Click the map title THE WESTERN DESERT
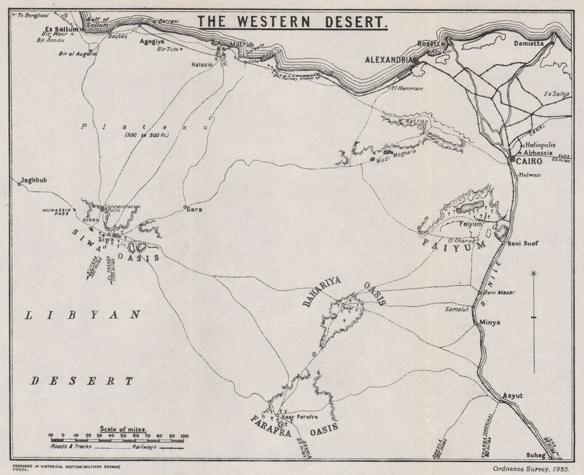pyautogui.click(x=292, y=22)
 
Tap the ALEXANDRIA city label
pyautogui.click(x=389, y=60)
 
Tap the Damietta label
pyautogui.click(x=529, y=43)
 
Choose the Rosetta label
pyautogui.click(x=431, y=44)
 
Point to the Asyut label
pyautogui.click(x=513, y=396)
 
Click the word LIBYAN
pyautogui.click(x=84, y=315)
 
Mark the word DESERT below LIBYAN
pyautogui.click(x=82, y=381)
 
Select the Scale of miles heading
pyautogui.click(x=123, y=429)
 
